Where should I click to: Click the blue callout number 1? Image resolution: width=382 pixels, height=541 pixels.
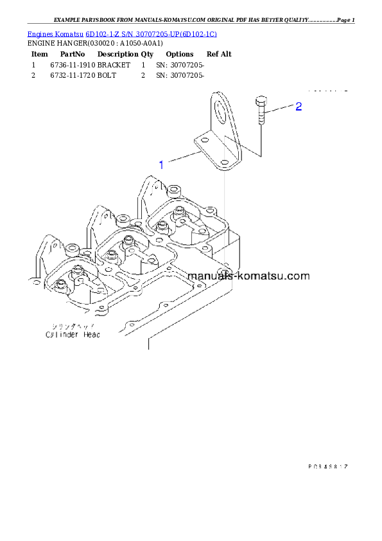coord(161,164)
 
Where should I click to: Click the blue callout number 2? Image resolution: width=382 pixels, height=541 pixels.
coord(298,107)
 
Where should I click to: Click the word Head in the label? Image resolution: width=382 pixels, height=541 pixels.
coord(91,334)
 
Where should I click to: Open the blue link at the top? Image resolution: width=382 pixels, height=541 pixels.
coord(121,33)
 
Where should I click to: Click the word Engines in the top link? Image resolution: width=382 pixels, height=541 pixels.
coord(39,33)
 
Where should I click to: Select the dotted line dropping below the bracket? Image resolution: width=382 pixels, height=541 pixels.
coord(224,212)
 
